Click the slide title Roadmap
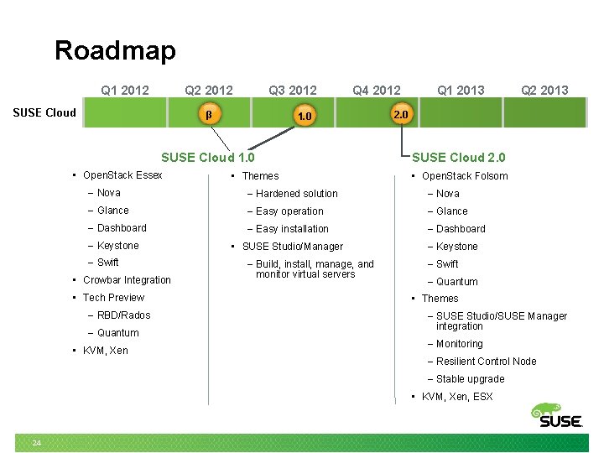[115, 50]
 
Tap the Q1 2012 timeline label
[125, 90]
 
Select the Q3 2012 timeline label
[293, 90]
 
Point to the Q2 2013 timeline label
[544, 90]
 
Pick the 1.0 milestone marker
[305, 116]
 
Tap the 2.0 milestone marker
[401, 113]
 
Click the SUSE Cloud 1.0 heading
[207, 157]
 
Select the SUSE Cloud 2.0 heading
[459, 157]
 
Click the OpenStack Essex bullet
[122, 175]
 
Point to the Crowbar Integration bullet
[127, 280]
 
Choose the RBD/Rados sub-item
[123, 315]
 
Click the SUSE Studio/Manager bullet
[292, 247]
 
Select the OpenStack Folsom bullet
[464, 176]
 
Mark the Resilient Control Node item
[486, 362]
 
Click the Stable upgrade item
[470, 379]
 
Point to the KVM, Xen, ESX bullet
[456, 397]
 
